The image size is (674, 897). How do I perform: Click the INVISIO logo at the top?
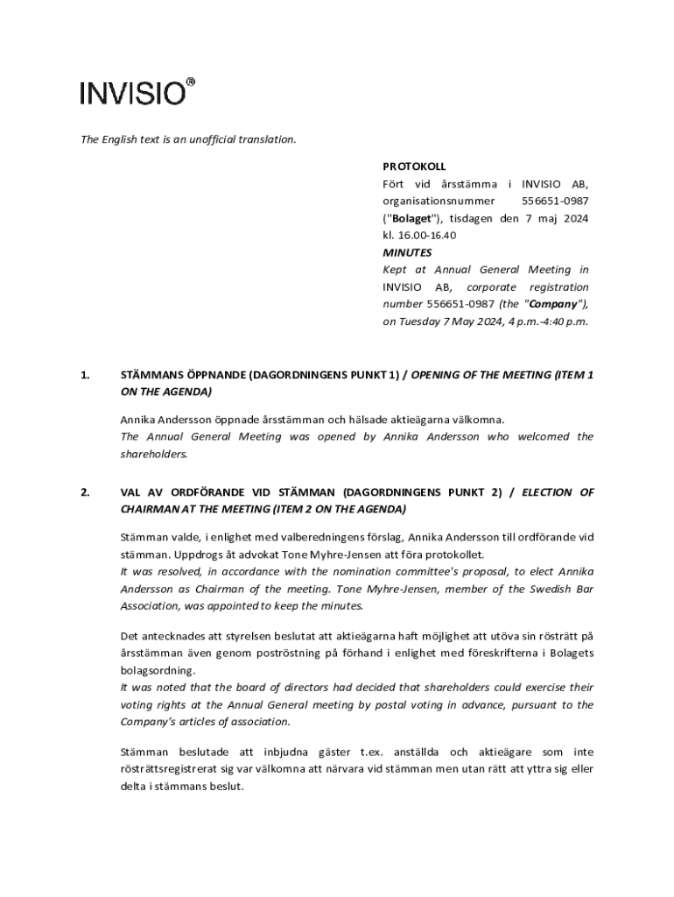coord(132,93)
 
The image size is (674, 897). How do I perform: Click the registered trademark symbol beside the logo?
coord(191,82)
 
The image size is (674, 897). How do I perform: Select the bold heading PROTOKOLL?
coord(414,166)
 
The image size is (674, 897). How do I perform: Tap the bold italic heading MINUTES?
coord(407,252)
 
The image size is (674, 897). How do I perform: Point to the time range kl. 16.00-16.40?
coord(419,236)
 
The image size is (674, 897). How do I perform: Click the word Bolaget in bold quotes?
coord(412,218)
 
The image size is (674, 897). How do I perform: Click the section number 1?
coord(84,375)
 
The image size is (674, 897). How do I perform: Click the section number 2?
coord(84,492)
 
